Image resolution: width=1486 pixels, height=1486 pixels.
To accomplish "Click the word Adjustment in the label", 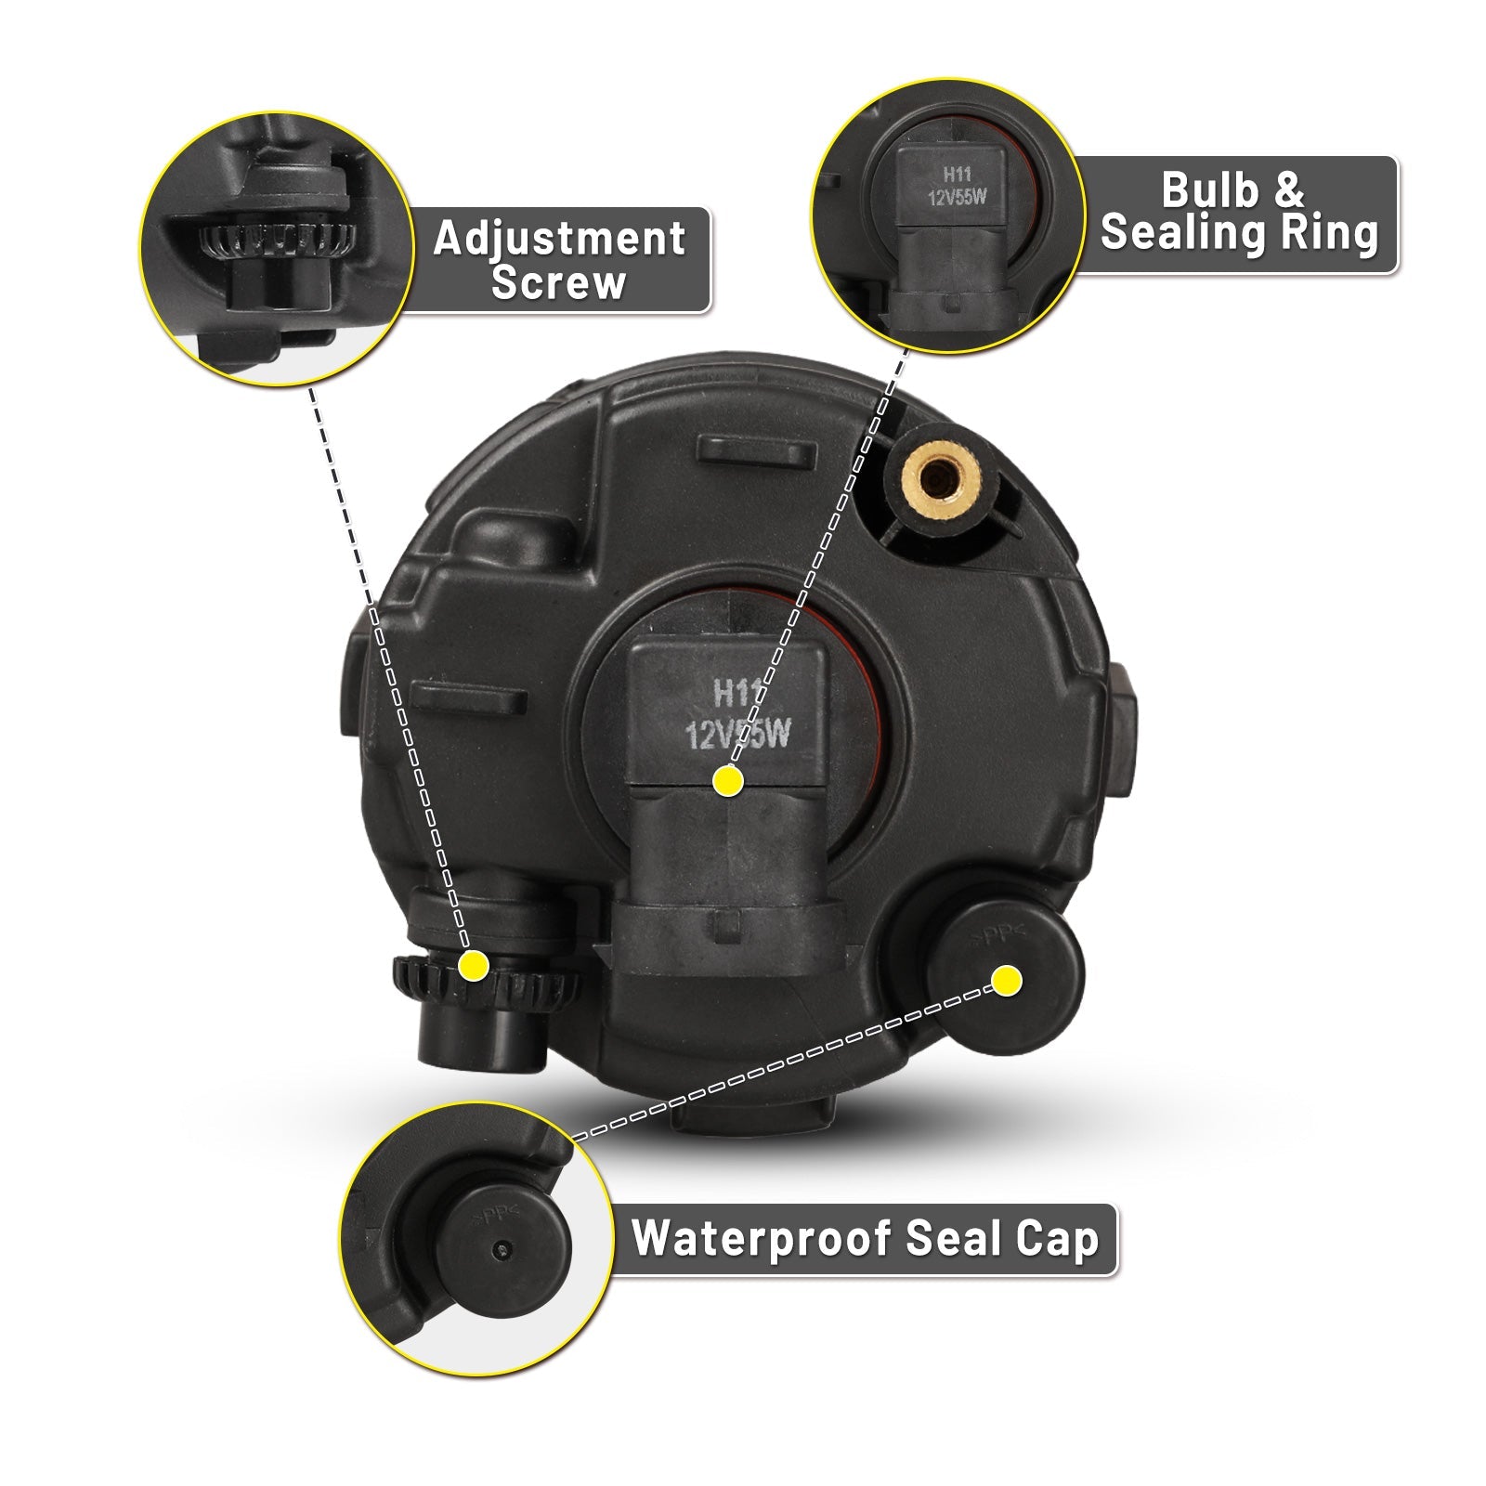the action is coord(559,239).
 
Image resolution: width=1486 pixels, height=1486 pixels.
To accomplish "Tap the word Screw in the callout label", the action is coord(559,281).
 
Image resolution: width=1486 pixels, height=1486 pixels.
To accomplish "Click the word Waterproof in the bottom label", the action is coord(762,1239).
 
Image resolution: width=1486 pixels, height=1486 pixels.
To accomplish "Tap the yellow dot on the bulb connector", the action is coord(728,782).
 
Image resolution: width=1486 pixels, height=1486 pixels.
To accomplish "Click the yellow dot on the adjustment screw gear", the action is coord(475,965).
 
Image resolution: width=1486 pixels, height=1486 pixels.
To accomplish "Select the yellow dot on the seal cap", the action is coord(1007,981).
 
